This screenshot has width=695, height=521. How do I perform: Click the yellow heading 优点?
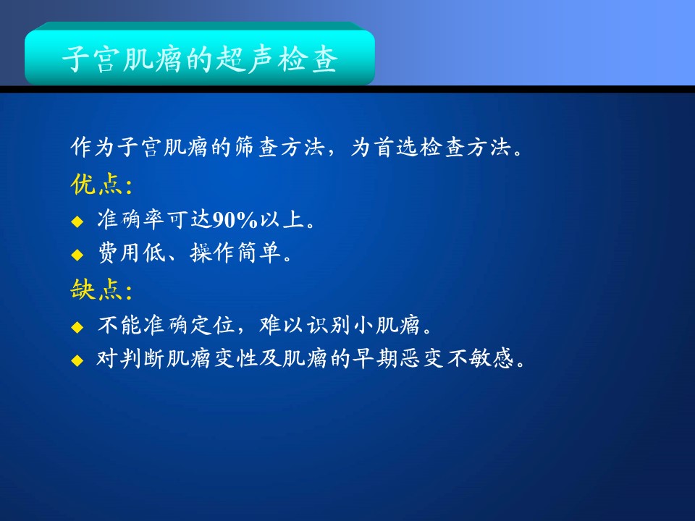tap(96, 184)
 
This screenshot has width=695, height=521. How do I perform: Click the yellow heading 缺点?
tap(96, 289)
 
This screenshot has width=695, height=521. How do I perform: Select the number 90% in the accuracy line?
tap(235, 220)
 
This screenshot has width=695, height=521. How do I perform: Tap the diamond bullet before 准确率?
tap(77, 221)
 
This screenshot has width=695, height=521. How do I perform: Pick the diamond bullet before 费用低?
tap(77, 254)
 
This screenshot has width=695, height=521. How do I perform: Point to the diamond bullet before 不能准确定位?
tap(77, 327)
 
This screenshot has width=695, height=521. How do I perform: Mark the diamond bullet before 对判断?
tap(77, 360)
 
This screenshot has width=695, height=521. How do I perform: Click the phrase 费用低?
tap(131, 253)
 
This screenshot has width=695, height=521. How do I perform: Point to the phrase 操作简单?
tap(235, 253)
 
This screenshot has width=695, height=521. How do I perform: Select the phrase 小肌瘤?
tap(387, 325)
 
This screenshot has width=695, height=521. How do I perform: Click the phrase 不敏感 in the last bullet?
tap(480, 358)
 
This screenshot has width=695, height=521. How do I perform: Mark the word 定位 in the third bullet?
tap(212, 325)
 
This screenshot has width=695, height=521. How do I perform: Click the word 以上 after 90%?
tap(282, 220)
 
